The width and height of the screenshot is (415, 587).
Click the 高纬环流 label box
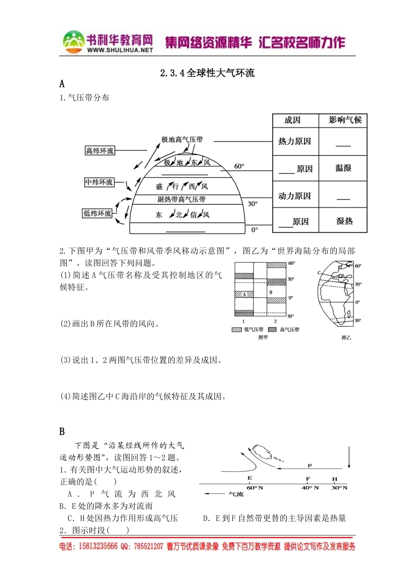coord(100,151)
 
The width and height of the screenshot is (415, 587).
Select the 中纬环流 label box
coord(99,182)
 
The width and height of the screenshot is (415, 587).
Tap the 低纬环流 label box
coord(97,214)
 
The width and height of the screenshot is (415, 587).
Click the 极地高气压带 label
coord(182,140)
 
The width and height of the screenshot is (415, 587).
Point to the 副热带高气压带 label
coord(181,200)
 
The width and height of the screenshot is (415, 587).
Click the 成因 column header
coord(293,121)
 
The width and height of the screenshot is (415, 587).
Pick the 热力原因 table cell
coord(295,142)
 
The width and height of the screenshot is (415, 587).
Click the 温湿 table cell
coord(343,168)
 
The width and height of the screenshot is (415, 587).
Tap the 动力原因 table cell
coord(295,196)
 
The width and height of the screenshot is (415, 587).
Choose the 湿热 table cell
coord(344,221)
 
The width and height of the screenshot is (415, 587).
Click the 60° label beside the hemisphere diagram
coord(239,166)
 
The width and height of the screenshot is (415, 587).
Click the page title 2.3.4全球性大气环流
coord(207,73)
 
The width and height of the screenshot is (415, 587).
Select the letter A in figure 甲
coord(245,294)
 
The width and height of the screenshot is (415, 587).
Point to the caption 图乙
coord(346,338)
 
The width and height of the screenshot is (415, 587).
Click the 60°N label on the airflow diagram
coord(255,488)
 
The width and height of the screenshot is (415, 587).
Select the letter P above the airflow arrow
coord(310,466)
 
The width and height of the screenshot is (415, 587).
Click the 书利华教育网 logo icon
coord(74,42)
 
